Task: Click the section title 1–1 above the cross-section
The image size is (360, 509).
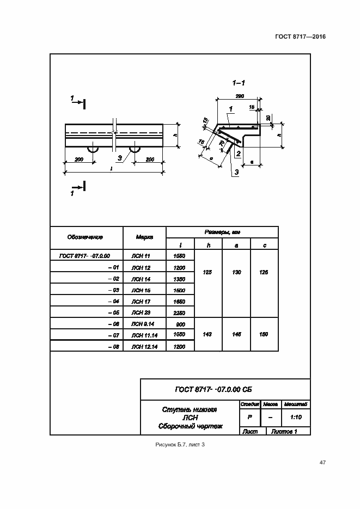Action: (x=239, y=83)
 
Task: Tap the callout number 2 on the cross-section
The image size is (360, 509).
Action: (x=238, y=155)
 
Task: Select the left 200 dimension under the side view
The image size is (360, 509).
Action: (x=79, y=159)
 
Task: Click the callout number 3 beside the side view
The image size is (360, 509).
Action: (x=119, y=158)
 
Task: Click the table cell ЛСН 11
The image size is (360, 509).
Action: (x=141, y=255)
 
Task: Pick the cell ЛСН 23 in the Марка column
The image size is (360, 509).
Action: (x=141, y=312)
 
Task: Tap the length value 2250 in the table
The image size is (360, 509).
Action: (x=179, y=313)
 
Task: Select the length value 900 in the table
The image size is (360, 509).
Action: (x=179, y=324)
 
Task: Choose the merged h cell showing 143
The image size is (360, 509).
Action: (x=208, y=335)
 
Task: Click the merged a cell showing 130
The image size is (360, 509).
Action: (x=236, y=272)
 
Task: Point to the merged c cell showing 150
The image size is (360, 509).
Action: (x=264, y=335)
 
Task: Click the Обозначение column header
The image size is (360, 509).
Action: (x=86, y=237)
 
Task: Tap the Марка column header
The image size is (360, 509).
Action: (x=144, y=237)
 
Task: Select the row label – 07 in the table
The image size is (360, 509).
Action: (x=113, y=335)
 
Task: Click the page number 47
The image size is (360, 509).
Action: (x=322, y=462)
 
